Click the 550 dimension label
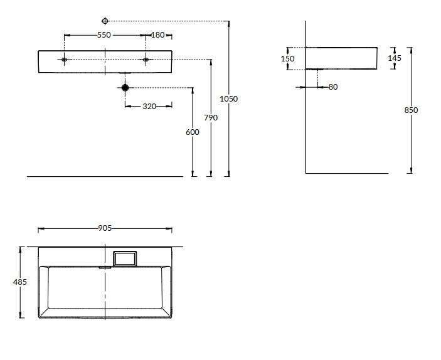[104, 35]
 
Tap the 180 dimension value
[158, 35]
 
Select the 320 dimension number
[149, 107]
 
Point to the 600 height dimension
[193, 132]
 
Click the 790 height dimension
[211, 117]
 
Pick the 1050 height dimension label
[229, 99]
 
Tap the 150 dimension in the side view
[288, 59]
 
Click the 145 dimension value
[395, 58]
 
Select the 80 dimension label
[333, 87]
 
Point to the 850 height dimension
[411, 110]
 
